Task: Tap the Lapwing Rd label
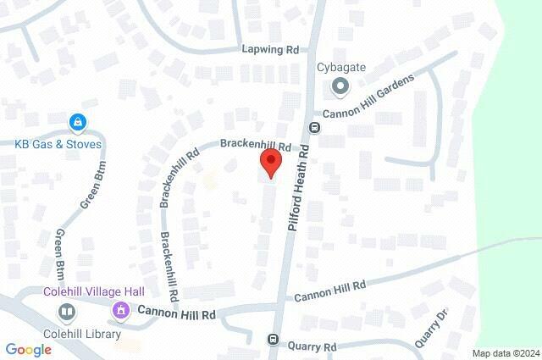[270, 50]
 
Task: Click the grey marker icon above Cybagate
[340, 86]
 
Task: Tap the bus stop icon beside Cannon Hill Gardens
[314, 128]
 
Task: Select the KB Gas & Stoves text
[58, 143]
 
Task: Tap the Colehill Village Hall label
[94, 291]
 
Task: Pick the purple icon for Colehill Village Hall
[123, 310]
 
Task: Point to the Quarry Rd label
[312, 346]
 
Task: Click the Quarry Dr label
[430, 329]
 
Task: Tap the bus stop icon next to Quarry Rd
[274, 341]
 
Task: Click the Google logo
[28, 349]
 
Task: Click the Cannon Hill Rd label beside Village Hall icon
[177, 313]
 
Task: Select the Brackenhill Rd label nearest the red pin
[255, 145]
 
